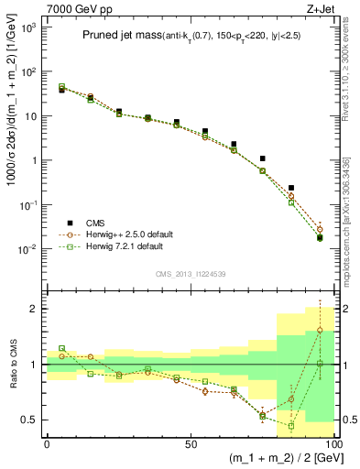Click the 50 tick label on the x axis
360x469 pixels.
click(191, 443)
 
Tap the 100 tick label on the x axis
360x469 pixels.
click(333, 443)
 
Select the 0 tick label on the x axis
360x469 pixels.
click(47, 443)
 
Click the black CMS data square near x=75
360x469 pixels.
click(262, 158)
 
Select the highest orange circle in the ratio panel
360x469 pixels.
click(320, 330)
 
